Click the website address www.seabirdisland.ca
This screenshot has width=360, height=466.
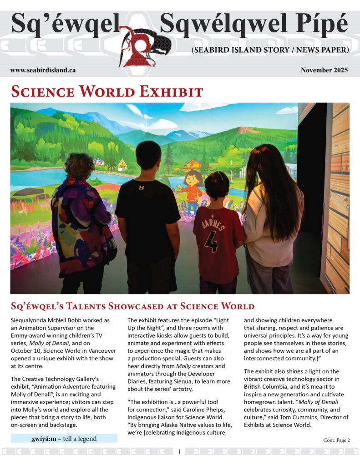(43, 70)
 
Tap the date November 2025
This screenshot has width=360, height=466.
(324, 70)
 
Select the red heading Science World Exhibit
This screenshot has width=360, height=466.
(106, 91)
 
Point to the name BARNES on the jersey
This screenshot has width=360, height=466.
(210, 223)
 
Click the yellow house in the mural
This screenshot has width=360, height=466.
(122, 165)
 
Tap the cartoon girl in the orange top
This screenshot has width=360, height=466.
(193, 189)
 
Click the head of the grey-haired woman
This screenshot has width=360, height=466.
(79, 166)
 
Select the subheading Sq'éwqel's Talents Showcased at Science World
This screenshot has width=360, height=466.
(132, 306)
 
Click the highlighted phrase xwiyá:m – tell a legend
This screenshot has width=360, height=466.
(64, 439)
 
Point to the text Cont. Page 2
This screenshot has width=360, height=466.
(336, 440)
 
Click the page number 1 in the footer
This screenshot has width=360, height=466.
(180, 452)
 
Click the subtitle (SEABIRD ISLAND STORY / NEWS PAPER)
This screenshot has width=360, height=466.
(270, 49)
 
